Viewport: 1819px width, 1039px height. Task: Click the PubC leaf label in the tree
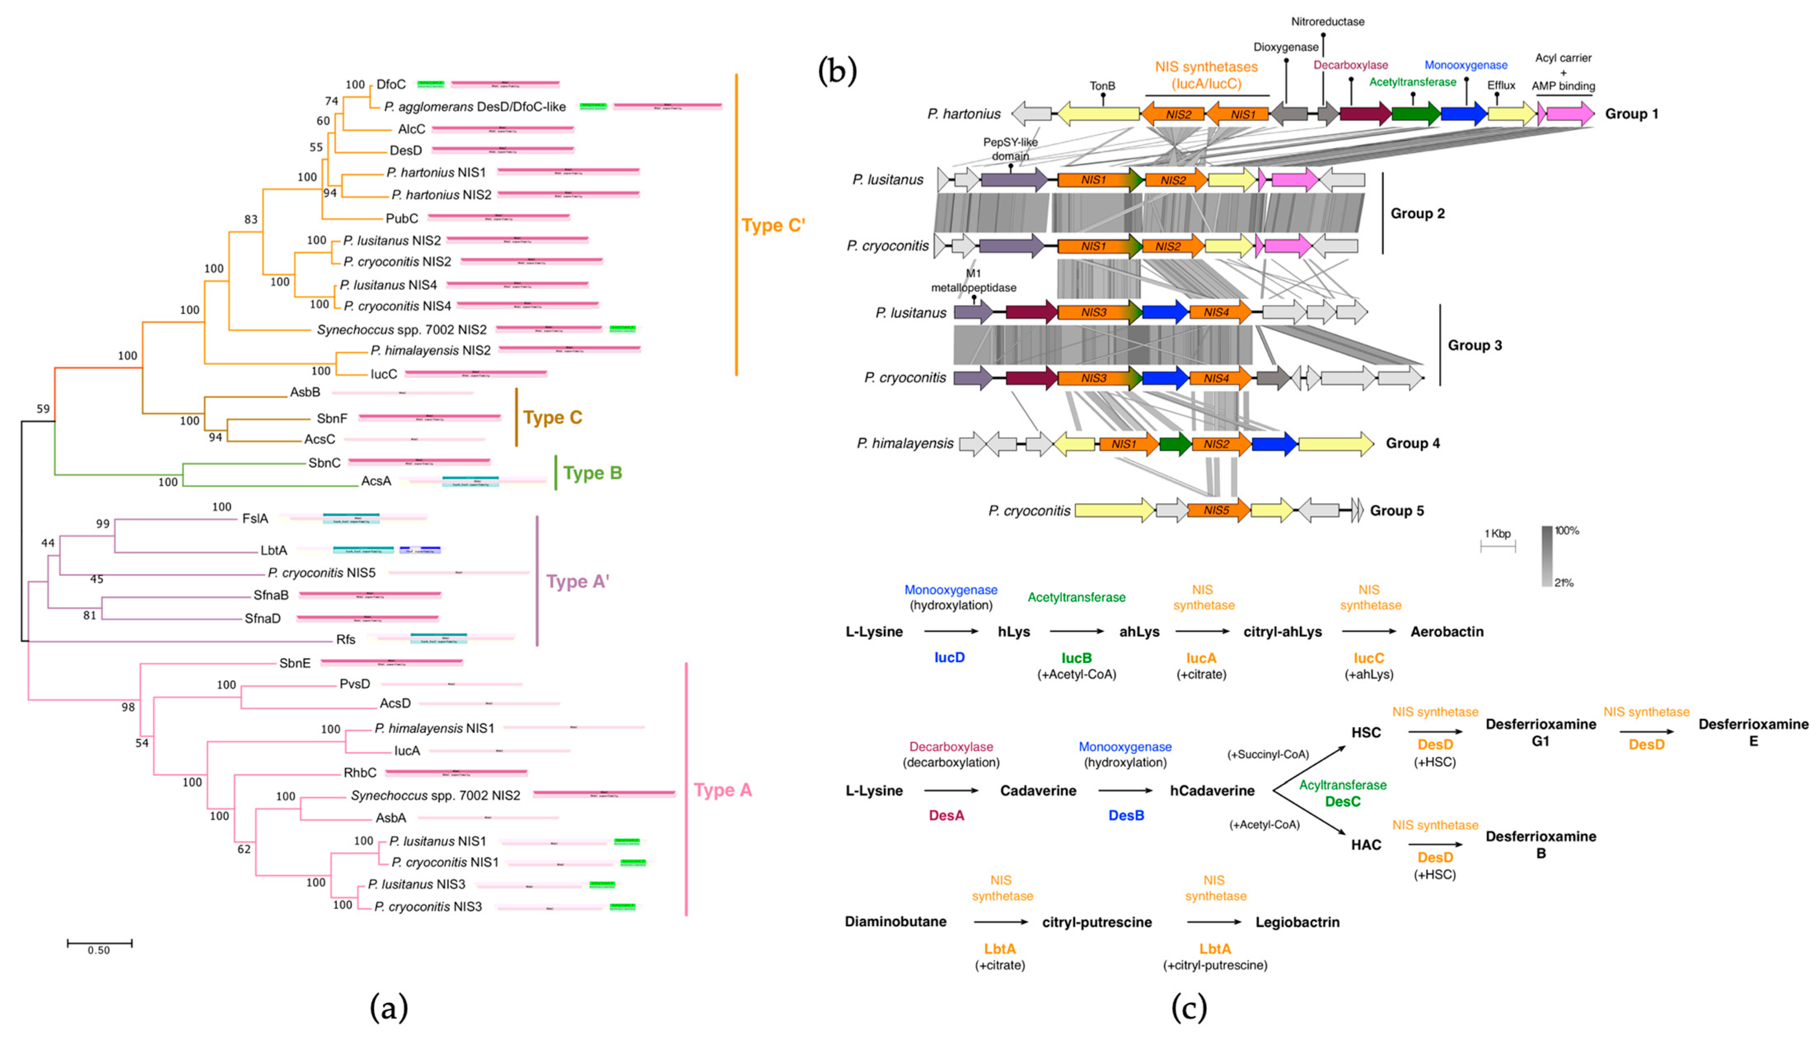tap(402, 218)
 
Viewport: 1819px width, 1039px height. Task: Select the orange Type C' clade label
tap(773, 226)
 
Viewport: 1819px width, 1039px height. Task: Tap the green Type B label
tap(592, 473)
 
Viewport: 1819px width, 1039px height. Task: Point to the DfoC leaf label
tap(391, 84)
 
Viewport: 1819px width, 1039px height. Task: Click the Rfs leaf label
tap(346, 640)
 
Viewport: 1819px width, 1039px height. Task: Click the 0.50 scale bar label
tap(98, 950)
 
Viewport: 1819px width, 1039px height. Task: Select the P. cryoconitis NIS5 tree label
tap(321, 572)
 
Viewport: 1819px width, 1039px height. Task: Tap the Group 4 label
tap(1412, 443)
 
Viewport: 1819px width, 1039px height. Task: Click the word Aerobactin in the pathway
tap(1447, 632)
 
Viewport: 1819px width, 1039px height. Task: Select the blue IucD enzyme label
tap(949, 657)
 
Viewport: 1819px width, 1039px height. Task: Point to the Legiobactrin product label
tap(1298, 922)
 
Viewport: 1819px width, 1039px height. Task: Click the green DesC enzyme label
tap(1342, 801)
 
